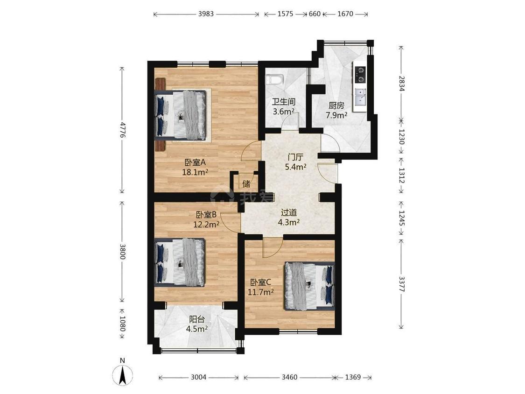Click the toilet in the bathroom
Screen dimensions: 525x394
tap(274, 79)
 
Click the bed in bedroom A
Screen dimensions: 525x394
tap(181, 114)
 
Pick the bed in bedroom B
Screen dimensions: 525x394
tap(180, 262)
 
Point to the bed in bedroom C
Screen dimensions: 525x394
tap(309, 286)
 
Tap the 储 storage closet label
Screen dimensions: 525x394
tap(246, 183)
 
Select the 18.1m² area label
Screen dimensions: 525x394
tap(195, 173)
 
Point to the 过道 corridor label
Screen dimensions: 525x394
tap(288, 212)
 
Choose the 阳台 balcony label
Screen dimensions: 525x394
tap(197, 319)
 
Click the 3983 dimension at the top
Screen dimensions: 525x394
tap(206, 14)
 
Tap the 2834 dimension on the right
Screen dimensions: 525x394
tap(402, 83)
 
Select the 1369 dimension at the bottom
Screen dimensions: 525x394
tap(353, 377)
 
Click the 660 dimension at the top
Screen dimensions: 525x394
tap(315, 14)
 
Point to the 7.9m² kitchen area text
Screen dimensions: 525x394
tap(336, 115)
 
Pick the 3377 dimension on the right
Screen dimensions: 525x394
tap(402, 283)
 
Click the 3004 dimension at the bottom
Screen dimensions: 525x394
tap(198, 377)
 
